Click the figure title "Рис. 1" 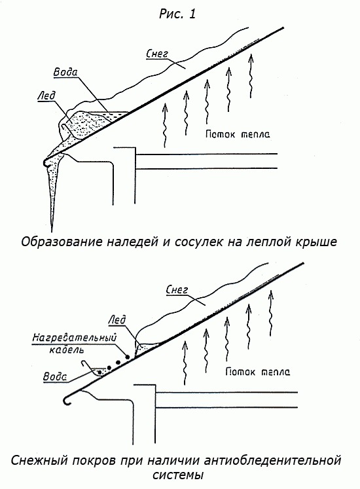(177, 14)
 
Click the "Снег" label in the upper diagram (157, 54)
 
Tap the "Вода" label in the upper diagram (65, 73)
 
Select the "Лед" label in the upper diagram (46, 95)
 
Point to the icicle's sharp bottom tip (53, 227)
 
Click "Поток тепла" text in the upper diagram (238, 134)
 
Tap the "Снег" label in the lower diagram (177, 290)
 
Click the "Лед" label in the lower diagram (117, 319)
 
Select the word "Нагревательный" (74, 338)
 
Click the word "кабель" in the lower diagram (67, 350)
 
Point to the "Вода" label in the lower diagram (55, 376)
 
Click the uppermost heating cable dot (127, 357)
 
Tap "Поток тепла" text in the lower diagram (258, 372)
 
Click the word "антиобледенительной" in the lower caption (271, 460)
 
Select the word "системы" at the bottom (179, 475)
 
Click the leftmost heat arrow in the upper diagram (165, 125)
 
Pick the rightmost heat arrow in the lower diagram (271, 313)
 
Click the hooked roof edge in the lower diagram (67, 400)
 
